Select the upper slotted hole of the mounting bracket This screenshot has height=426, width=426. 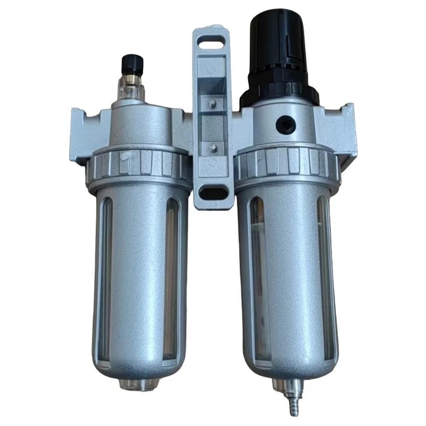click(x=214, y=41)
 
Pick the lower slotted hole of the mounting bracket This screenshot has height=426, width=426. click(x=213, y=193)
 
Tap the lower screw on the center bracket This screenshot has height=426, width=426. click(x=212, y=147)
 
